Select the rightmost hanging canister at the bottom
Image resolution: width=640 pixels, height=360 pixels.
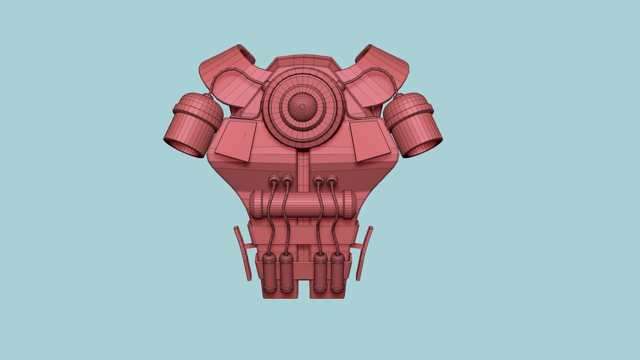(337, 273)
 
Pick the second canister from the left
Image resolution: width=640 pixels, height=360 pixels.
(286, 273)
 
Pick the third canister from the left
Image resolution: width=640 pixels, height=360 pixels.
(320, 273)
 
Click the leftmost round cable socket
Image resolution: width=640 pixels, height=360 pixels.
(274, 181)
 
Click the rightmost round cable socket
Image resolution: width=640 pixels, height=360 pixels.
(331, 181)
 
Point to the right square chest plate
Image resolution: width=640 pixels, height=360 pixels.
(370, 141)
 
